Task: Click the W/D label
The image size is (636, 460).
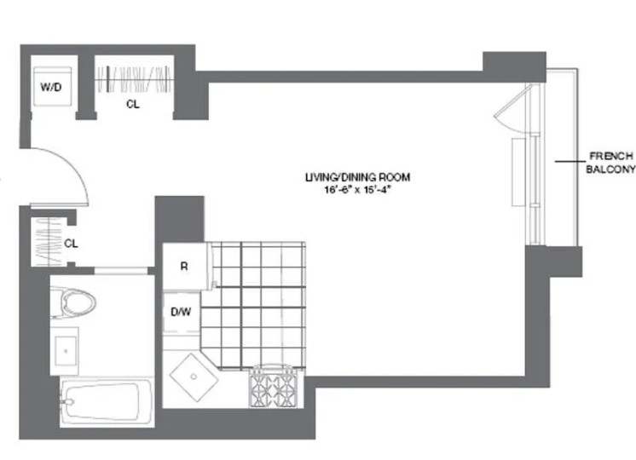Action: [51, 87]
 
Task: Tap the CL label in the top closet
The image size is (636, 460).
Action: [133, 104]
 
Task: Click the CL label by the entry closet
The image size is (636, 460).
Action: [71, 243]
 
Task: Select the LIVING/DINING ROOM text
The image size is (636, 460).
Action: [357, 177]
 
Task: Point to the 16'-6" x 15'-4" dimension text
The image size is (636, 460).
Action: [357, 189]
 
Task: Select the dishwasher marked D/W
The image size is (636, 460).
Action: [182, 313]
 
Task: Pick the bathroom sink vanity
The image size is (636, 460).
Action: [65, 351]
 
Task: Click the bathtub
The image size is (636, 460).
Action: [107, 401]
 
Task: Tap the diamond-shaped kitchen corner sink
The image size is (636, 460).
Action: [194, 377]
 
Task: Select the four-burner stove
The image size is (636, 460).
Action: [274, 388]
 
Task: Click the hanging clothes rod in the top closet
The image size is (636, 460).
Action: [133, 79]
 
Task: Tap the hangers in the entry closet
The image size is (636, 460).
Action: [48, 242]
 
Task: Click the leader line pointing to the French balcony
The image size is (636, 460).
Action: [570, 162]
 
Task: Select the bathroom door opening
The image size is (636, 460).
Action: [121, 271]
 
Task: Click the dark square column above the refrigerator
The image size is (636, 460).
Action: [179, 220]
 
